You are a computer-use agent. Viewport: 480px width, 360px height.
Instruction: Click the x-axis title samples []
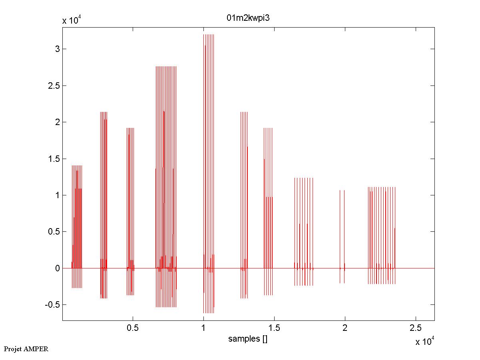coord(248,339)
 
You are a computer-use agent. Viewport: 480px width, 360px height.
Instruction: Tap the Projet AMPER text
coord(26,349)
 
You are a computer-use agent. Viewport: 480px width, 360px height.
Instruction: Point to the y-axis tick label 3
coord(57,49)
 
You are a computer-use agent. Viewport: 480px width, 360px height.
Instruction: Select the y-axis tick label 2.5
coord(54,86)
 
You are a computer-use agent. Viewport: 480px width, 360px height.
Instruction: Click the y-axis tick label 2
coord(57,122)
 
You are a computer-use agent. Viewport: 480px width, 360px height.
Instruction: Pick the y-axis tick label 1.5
coord(54,159)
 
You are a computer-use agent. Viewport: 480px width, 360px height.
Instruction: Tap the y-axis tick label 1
coord(57,195)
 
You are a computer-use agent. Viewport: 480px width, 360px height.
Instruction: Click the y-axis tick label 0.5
coord(54,232)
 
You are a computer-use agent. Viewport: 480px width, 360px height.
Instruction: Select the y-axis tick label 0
coord(57,268)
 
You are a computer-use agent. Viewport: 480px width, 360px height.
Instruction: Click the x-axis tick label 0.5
coord(133,328)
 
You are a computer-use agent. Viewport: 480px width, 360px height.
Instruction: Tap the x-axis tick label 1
coord(203,328)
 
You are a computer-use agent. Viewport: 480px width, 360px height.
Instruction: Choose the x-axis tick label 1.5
coord(274,328)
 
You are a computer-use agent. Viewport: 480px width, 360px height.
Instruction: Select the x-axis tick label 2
coord(345,328)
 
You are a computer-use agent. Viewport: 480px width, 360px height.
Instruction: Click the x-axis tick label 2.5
coord(415,328)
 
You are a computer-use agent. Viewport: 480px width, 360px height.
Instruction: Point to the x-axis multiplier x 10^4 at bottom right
coord(425,341)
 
